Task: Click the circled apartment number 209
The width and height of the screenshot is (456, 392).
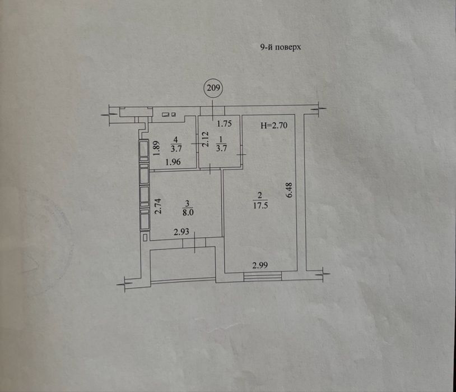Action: click(x=214, y=87)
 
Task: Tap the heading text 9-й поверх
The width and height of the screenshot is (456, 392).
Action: click(x=280, y=47)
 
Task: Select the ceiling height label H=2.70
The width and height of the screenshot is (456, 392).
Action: click(x=274, y=125)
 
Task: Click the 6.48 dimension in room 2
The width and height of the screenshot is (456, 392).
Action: click(x=290, y=190)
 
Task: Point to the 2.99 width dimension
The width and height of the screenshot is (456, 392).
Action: click(x=260, y=265)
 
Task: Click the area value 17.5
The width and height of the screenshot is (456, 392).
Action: click(x=260, y=205)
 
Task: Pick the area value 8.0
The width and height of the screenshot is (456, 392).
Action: click(x=188, y=212)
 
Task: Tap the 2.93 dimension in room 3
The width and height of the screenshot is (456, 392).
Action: click(x=181, y=232)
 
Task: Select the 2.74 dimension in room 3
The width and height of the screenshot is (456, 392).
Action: click(x=157, y=206)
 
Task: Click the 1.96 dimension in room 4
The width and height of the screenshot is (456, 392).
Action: click(x=173, y=162)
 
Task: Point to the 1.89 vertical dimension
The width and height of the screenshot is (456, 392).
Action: click(x=156, y=148)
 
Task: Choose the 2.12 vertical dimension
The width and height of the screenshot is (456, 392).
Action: click(x=206, y=139)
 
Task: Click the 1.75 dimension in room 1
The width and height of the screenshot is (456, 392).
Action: click(x=225, y=123)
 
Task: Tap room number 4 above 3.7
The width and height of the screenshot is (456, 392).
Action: click(x=175, y=139)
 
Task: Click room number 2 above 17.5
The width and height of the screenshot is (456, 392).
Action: click(x=260, y=195)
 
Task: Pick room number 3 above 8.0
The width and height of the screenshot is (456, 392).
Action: click(x=188, y=202)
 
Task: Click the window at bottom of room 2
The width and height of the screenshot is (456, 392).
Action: click(x=263, y=276)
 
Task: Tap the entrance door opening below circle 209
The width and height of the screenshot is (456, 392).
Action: click(x=212, y=111)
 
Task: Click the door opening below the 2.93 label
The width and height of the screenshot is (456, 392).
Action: click(x=194, y=243)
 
